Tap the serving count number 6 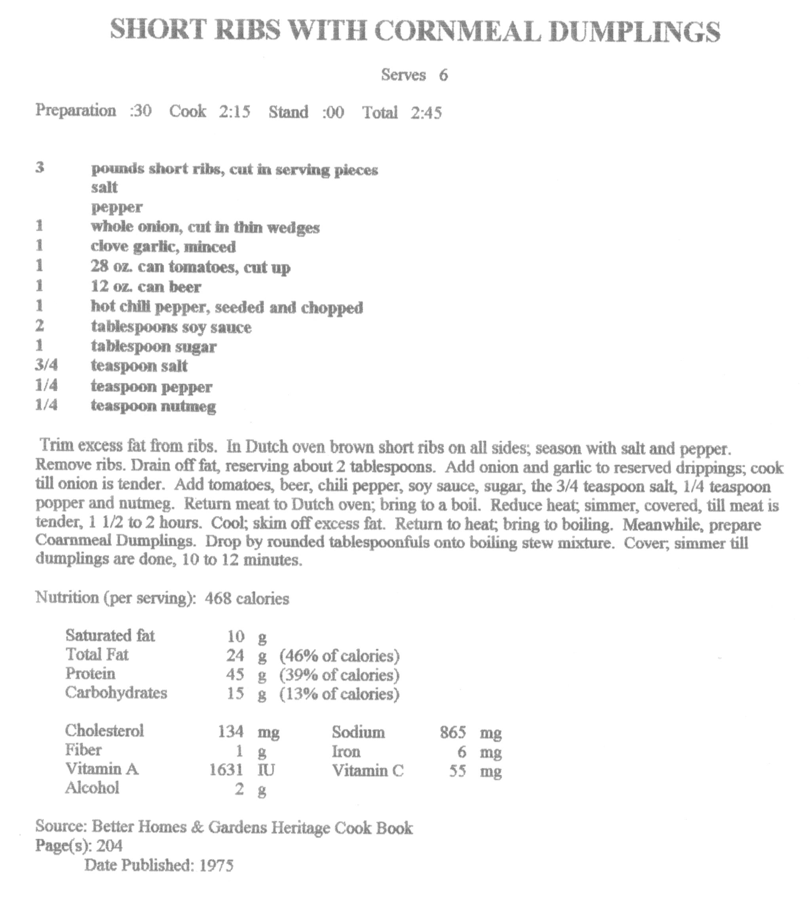[443, 75]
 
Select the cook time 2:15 [234, 111]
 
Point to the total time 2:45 [426, 112]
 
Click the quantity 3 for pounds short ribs [40, 168]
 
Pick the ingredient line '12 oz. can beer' [146, 287]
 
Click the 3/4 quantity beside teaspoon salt [46, 366]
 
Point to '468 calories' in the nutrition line [247, 598]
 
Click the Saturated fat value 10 [236, 636]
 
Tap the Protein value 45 [235, 675]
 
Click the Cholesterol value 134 [231, 731]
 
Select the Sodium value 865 [453, 732]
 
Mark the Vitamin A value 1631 [226, 769]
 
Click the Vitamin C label [368, 770]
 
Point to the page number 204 [109, 845]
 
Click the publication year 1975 [216, 865]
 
